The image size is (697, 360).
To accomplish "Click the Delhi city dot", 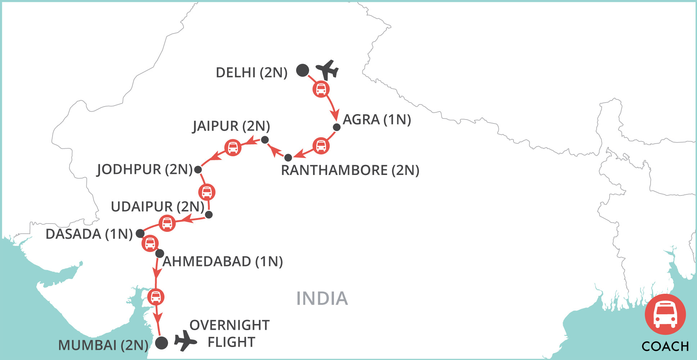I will coord(303,70).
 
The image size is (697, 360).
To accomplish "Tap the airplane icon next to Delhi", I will coord(327,70).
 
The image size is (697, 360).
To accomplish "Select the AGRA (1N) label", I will coord(377,120).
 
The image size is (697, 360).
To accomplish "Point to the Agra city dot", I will coord(337,127).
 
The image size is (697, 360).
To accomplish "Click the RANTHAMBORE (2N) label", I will coord(350,170).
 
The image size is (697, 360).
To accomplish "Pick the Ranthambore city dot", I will coord(288,158).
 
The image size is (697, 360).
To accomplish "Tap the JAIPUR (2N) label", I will coord(231,126).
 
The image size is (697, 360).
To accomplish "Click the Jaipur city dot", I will coord(265,140).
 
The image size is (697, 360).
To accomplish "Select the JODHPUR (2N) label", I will coord(145,169).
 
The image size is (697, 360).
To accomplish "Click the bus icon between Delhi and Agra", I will coord(321,89).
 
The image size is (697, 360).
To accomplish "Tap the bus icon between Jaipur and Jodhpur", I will coord(233,148).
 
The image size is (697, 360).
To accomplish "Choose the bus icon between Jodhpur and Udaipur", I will coord(207,192).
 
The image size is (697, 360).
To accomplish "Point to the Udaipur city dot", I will coord(209,215).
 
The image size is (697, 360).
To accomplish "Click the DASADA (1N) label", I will coord(89,234).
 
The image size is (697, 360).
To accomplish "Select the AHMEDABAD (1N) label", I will coord(223,261).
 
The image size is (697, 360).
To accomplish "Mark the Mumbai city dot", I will coord(162,343).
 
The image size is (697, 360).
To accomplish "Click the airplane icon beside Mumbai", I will coord(185,340).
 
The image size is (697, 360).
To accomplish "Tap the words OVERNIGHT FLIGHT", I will coord(230,333).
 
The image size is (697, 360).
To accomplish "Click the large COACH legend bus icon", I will coord(665,314).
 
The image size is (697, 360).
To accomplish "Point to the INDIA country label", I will coord(322,298).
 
